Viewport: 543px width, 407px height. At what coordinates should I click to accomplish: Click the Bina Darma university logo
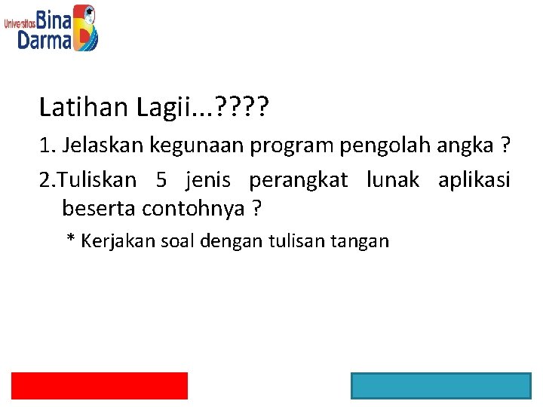(51, 28)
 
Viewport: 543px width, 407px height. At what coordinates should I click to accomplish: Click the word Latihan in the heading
(84, 108)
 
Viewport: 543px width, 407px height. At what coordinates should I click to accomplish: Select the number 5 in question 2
(161, 180)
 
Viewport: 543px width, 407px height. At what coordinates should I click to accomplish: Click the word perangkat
(299, 181)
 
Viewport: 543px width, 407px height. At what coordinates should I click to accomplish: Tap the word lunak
(392, 180)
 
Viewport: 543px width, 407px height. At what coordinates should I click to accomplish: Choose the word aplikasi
(474, 181)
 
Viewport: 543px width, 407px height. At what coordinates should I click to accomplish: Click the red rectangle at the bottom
(100, 385)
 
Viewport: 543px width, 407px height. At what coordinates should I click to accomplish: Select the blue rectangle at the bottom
(440, 385)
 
